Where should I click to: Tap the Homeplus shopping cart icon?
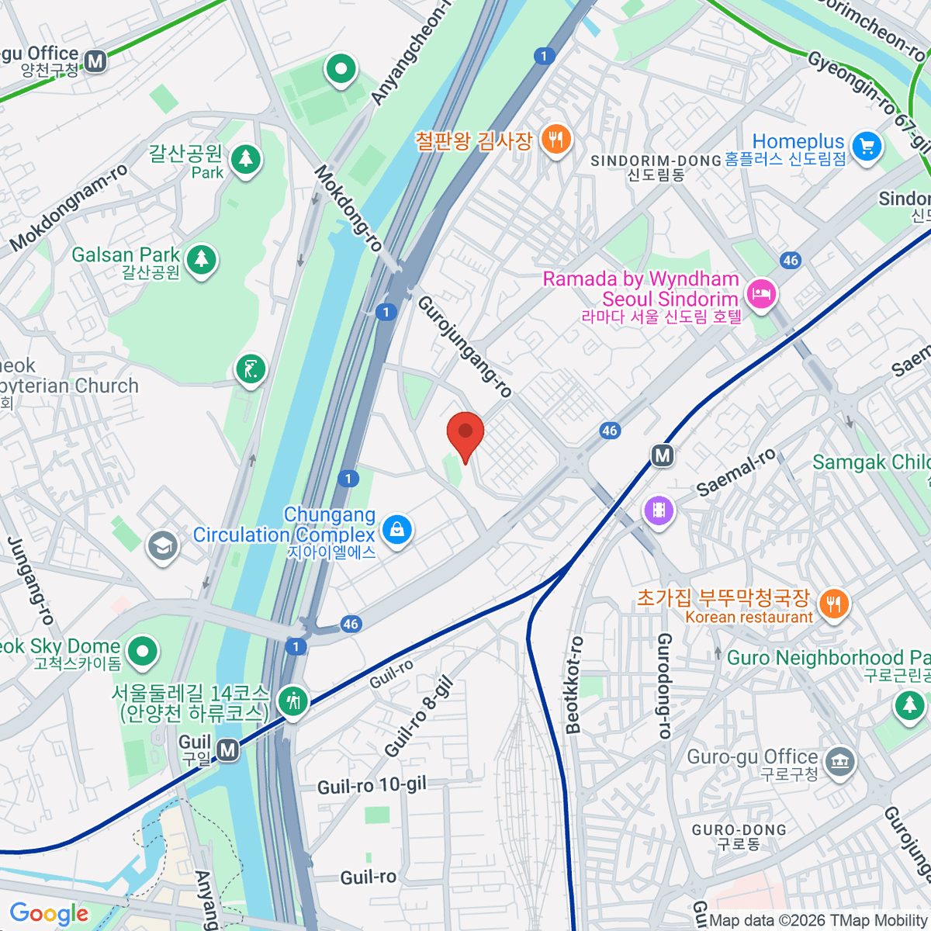coord(867,146)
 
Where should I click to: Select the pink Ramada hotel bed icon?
coord(761,294)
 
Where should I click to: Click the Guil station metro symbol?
coord(227,750)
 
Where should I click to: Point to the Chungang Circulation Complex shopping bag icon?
coord(396,530)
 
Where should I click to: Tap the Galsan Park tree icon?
coord(202,258)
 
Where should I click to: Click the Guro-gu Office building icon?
coord(839,761)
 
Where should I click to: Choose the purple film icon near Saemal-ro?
coord(659,510)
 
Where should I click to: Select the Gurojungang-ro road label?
coord(465,346)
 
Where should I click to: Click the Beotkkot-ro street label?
coord(574,685)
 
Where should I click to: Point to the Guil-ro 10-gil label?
coord(372,786)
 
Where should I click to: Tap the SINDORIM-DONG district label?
coord(656,161)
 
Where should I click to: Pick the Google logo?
coord(49,913)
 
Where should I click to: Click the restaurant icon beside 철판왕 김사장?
coord(555,140)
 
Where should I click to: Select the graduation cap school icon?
coord(163,546)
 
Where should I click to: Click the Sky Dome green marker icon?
coord(142,651)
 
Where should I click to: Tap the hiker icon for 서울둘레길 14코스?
coord(292,701)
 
